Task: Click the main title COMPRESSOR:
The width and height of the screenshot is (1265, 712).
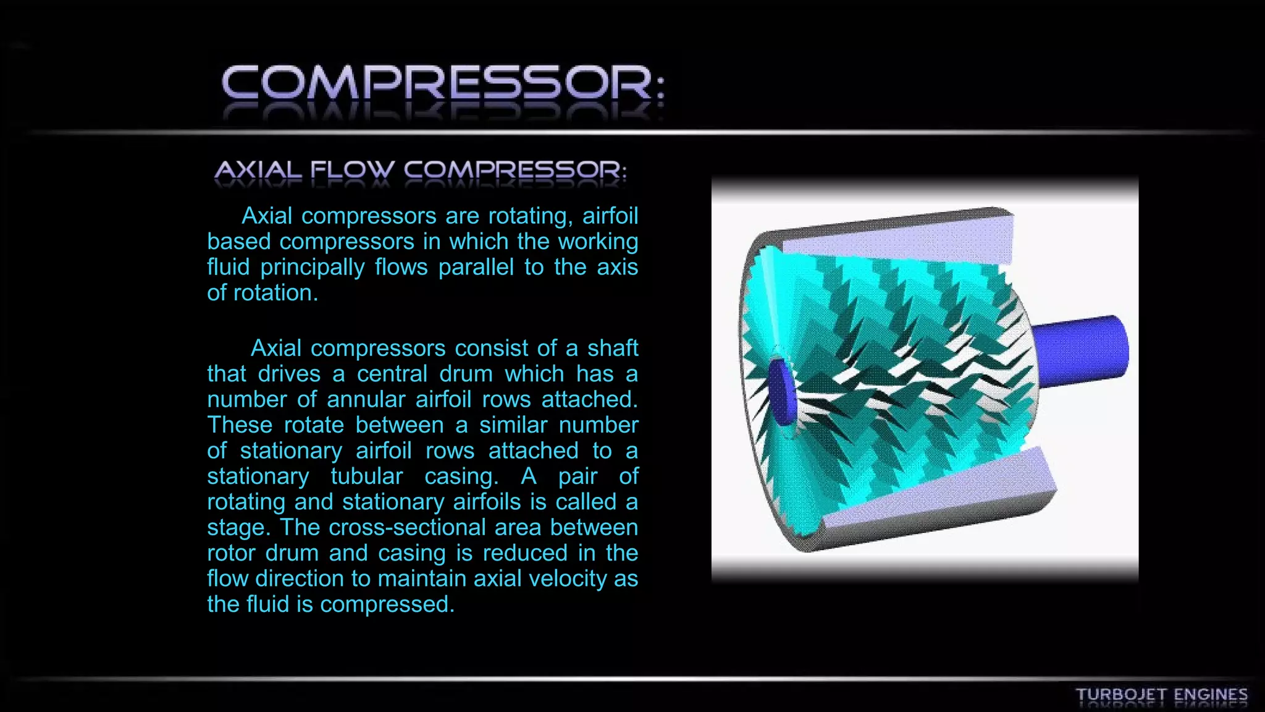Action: coord(442,83)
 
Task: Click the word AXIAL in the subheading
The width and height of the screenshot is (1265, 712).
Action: coord(258,170)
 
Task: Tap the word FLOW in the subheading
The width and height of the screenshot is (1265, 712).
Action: coord(352,170)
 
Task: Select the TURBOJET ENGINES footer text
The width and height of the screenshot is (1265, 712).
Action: coord(1161,695)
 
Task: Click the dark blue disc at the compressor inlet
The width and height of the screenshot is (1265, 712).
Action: coord(781,393)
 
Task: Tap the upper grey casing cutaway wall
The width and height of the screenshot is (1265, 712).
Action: coord(896,238)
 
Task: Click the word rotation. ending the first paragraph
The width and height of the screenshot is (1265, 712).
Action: coord(275,293)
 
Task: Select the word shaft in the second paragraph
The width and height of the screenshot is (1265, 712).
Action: coord(612,349)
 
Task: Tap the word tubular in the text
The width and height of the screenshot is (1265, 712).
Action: coord(366,477)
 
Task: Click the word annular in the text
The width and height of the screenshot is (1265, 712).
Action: coord(366,400)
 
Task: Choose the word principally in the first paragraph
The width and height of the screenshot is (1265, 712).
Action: coord(313,268)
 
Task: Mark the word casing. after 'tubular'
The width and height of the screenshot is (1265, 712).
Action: coord(461,477)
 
